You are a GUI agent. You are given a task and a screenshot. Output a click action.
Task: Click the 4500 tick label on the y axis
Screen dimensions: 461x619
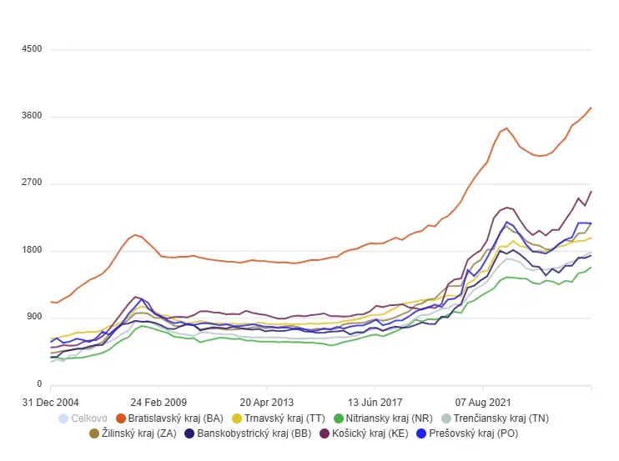pos(31,49)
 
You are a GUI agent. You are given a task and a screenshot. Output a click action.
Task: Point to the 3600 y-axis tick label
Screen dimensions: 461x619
pos(31,116)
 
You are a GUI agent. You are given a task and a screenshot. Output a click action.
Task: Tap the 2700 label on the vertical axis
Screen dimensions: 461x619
pos(31,183)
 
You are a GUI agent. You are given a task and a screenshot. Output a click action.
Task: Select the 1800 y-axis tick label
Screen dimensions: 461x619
pos(31,251)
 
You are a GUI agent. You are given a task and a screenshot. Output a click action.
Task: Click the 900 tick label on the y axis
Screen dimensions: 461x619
pos(33,318)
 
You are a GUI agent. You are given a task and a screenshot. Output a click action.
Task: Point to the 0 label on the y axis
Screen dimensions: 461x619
pos(38,384)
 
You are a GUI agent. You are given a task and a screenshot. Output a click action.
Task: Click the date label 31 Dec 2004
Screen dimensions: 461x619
pos(51,400)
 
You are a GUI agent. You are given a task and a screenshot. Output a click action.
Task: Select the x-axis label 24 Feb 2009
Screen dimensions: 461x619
pos(158,400)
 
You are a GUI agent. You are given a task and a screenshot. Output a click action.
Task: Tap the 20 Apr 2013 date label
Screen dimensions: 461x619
pos(266,400)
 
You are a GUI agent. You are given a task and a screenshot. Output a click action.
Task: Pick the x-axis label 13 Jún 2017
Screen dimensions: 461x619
pos(375,400)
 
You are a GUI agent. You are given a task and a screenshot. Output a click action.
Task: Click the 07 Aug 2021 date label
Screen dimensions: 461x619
pos(483,400)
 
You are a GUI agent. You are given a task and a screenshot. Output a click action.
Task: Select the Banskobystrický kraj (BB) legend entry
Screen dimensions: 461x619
pos(254,434)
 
